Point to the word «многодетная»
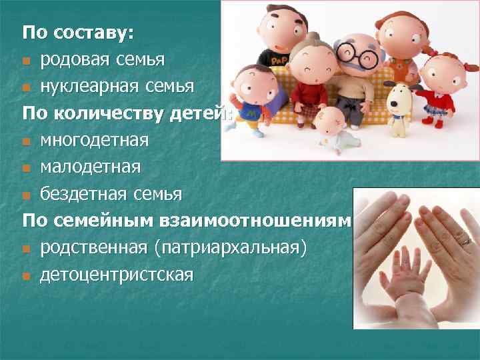click(x=93, y=141)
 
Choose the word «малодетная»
click(x=90, y=167)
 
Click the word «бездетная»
click(x=82, y=194)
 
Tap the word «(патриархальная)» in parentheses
click(x=231, y=248)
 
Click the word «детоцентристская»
click(x=117, y=275)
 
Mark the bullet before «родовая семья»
click(x=26, y=62)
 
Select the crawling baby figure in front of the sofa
click(x=333, y=130)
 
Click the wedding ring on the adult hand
click(x=465, y=240)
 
